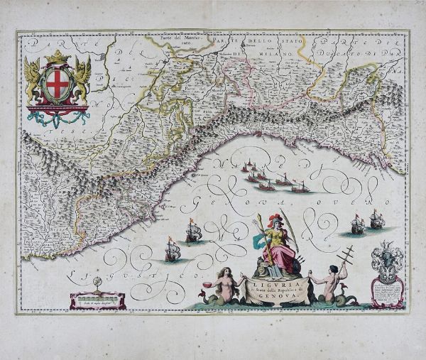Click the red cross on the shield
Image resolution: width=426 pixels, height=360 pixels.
(58, 86)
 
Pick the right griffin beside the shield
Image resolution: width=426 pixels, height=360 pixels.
(82, 79)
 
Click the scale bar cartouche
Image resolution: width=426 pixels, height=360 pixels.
(98, 300)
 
